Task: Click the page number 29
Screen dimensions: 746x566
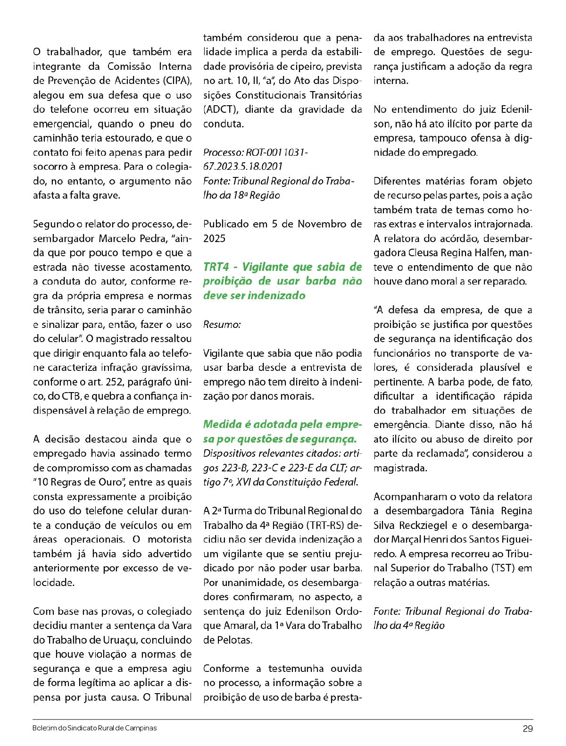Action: (528, 729)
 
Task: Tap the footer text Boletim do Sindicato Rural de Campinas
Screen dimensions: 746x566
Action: (94, 728)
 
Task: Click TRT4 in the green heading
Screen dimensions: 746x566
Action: (216, 267)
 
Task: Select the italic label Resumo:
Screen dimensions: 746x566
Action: (222, 325)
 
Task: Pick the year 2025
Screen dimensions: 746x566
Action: (215, 239)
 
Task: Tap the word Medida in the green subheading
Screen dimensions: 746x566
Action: (221, 425)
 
